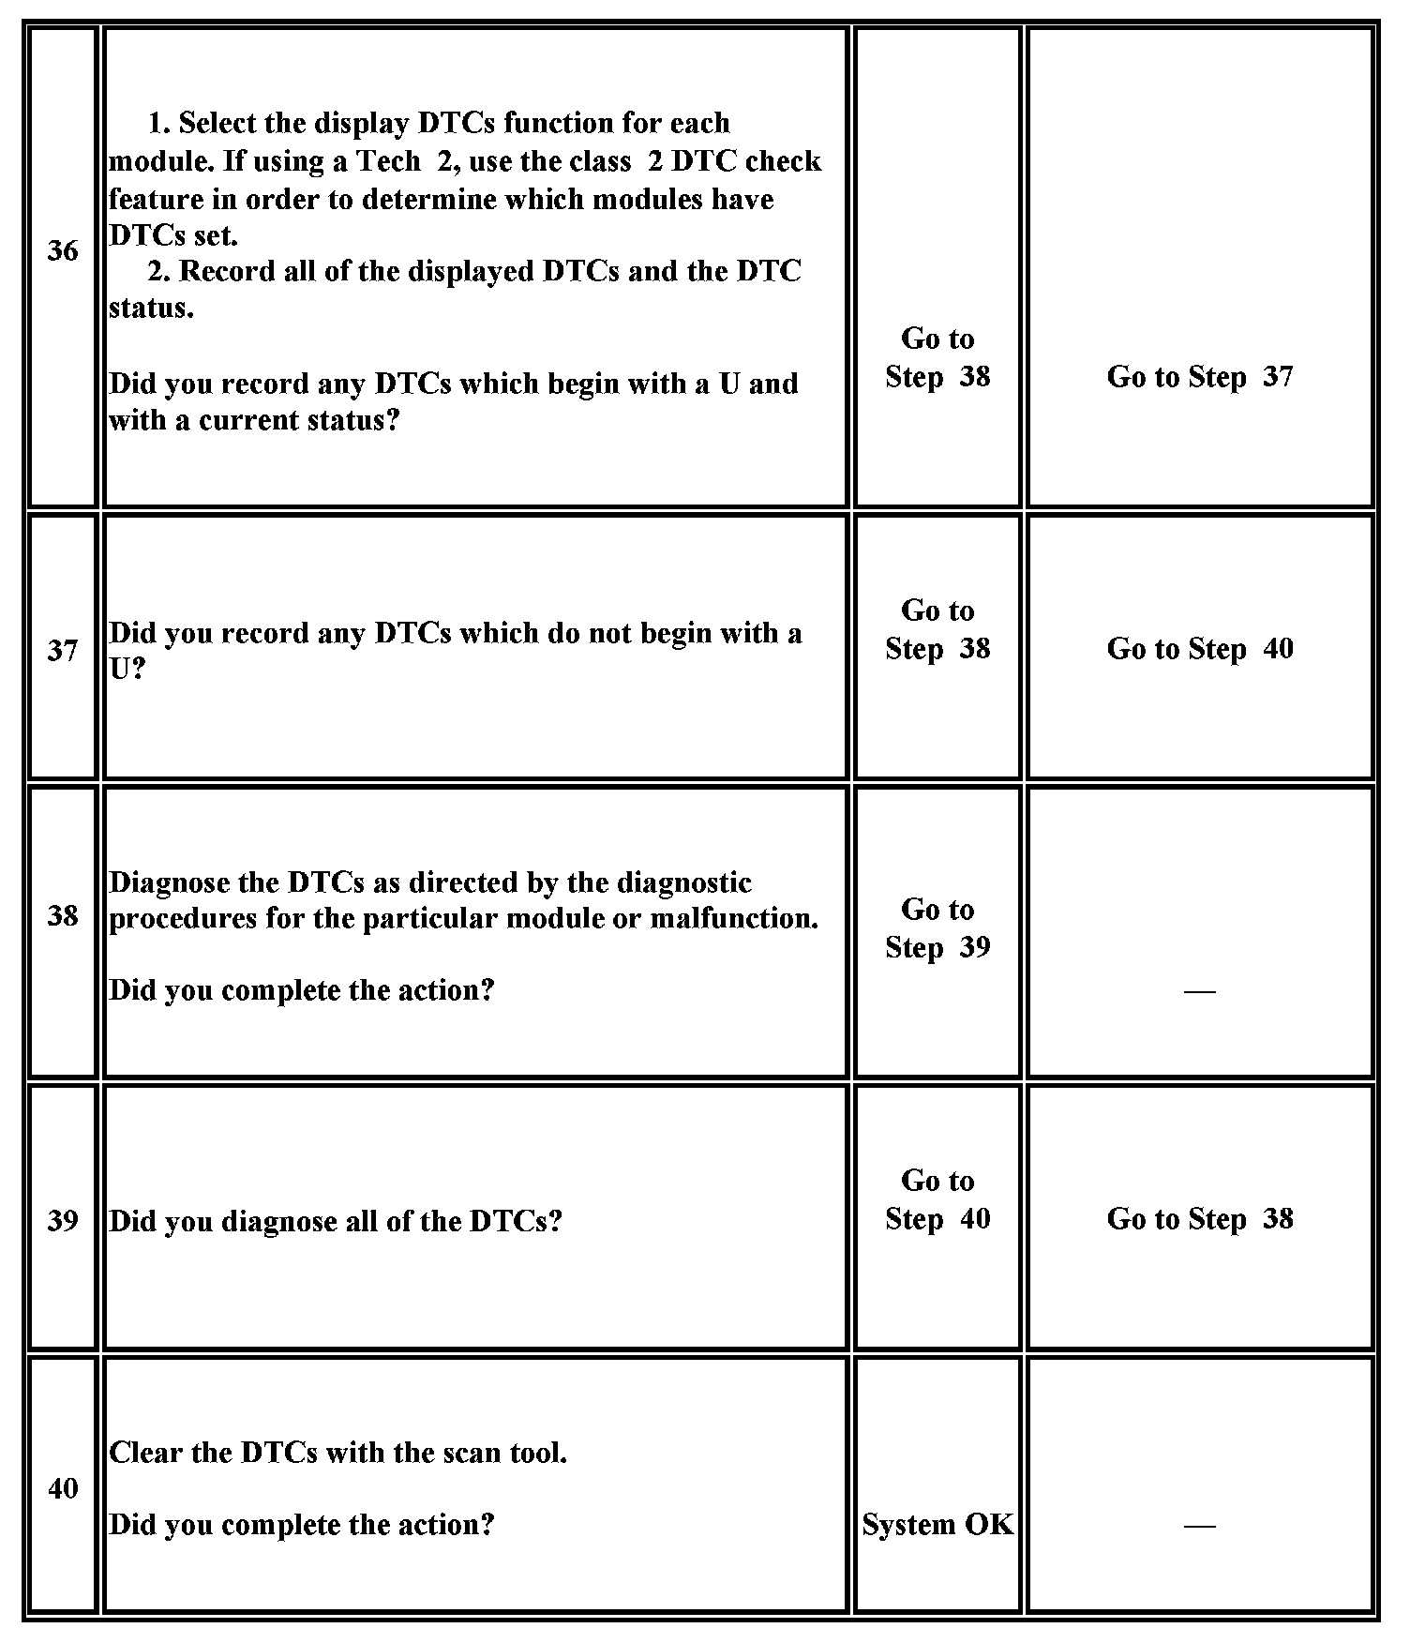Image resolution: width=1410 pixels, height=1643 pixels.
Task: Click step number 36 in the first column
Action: pos(63,251)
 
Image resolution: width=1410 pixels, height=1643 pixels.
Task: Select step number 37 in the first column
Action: pos(63,650)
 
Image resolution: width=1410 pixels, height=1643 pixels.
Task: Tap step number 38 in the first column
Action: pos(63,915)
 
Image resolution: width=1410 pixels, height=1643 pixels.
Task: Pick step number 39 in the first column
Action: pos(63,1220)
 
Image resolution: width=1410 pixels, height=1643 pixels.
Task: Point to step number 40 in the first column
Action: pos(63,1488)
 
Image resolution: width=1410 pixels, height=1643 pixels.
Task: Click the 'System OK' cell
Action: pos(937,1525)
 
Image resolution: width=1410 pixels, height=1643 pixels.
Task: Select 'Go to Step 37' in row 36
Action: pos(1200,377)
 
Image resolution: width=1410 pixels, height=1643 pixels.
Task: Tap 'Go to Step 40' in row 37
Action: pos(1200,649)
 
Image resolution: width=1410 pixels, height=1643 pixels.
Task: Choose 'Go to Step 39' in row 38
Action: pos(937,928)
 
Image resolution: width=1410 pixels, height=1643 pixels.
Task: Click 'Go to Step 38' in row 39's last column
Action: pos(1200,1219)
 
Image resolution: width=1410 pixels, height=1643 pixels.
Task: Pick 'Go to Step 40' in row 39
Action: pos(937,1199)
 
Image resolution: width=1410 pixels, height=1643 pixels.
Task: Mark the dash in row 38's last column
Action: pos(1200,991)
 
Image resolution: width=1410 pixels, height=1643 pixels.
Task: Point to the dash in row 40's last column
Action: pos(1200,1526)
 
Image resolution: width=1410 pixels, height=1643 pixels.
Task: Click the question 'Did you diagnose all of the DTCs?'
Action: pos(336,1221)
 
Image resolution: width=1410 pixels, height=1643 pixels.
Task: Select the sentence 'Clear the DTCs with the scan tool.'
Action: pos(338,1453)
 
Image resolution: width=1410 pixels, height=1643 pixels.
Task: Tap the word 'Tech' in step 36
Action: pos(388,161)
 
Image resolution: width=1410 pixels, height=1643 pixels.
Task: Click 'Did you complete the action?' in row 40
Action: pos(302,1525)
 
